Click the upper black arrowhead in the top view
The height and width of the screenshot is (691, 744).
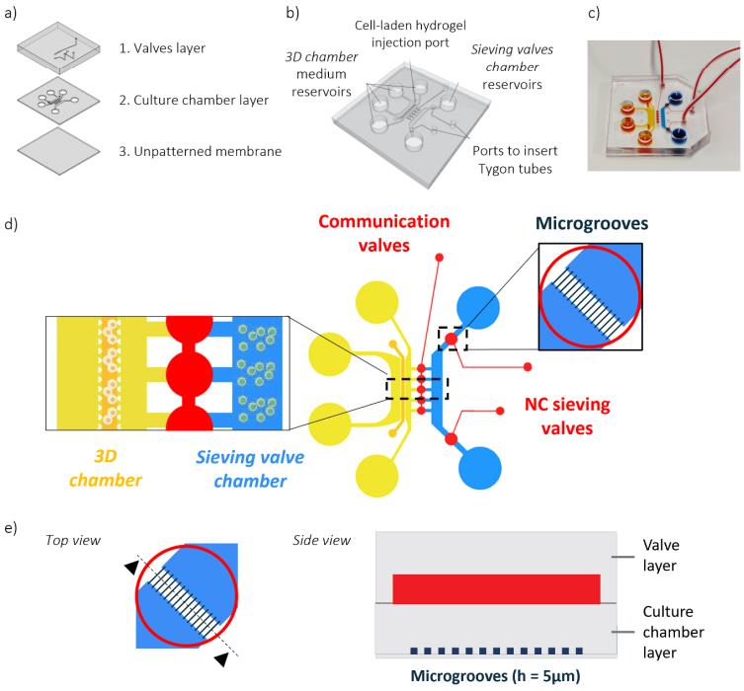[130, 565]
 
